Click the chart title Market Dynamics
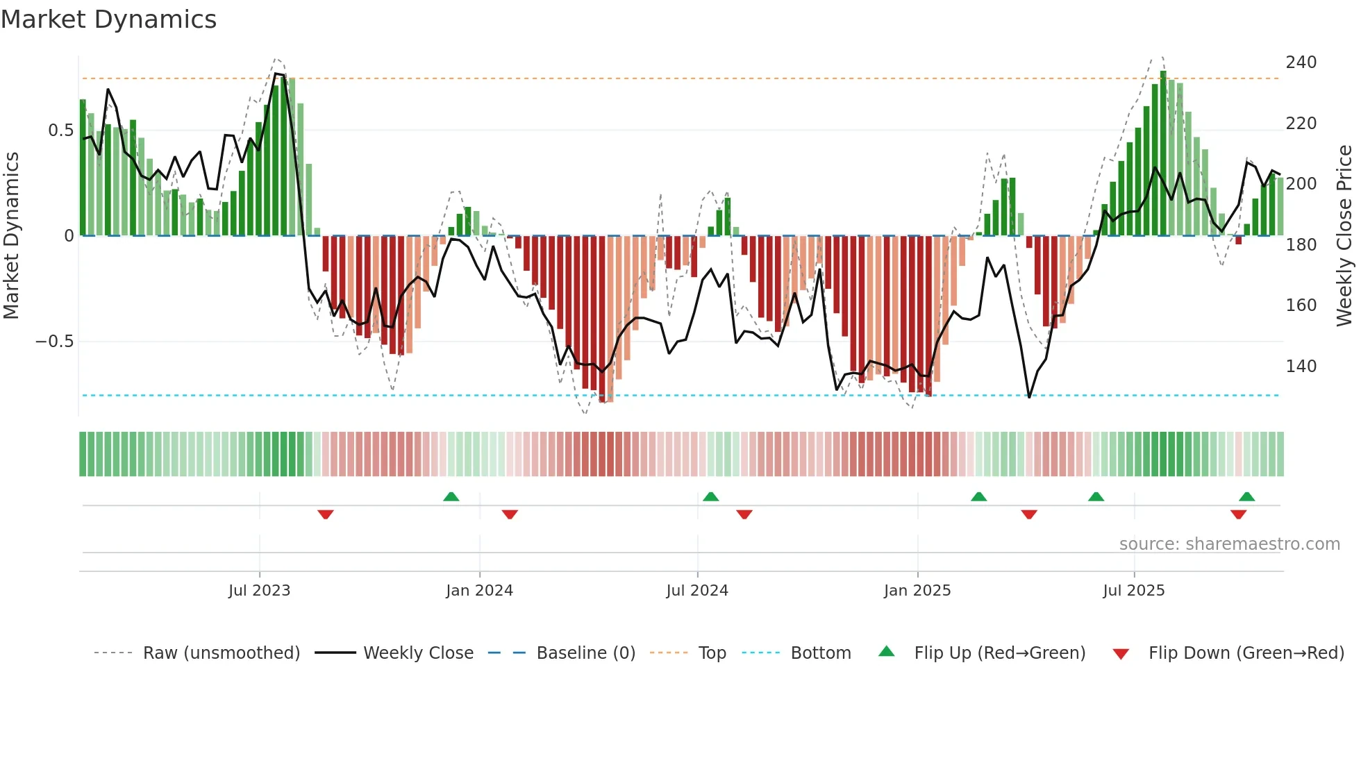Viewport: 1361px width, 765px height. [x=108, y=19]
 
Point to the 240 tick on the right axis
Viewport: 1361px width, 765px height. [x=1301, y=62]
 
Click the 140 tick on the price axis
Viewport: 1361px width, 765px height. [x=1301, y=366]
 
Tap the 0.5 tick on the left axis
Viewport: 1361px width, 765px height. [x=60, y=131]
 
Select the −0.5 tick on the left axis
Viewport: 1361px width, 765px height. [x=55, y=342]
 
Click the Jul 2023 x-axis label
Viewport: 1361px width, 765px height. [x=259, y=591]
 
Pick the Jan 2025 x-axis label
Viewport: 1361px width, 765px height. [x=917, y=591]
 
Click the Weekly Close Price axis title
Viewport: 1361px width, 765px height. [x=1344, y=236]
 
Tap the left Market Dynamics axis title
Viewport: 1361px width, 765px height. [x=11, y=236]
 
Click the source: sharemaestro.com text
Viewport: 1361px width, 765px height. [x=1229, y=544]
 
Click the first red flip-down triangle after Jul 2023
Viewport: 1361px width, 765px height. [x=326, y=514]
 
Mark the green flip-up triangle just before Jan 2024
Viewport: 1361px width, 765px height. [x=451, y=496]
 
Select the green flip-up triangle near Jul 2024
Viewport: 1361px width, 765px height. [x=710, y=496]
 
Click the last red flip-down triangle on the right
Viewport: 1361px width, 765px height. [x=1238, y=514]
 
